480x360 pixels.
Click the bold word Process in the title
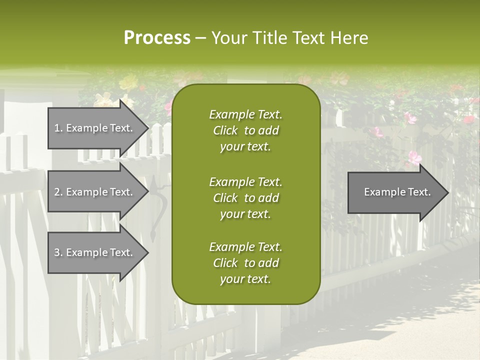click(x=157, y=38)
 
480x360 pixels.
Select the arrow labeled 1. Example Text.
click(x=95, y=128)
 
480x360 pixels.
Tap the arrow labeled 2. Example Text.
click(x=95, y=192)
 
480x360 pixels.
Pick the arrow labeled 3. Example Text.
click(x=95, y=252)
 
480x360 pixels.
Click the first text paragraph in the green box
click(x=245, y=130)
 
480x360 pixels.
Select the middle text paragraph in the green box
click(x=245, y=198)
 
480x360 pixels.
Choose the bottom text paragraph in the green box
click(x=245, y=263)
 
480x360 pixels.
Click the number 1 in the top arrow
click(x=57, y=128)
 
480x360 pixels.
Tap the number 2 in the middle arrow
click(x=57, y=192)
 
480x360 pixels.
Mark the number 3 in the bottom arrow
click(x=57, y=252)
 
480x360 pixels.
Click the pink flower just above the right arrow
click(x=414, y=158)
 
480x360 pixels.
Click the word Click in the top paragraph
click(x=225, y=130)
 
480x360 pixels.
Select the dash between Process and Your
click(x=200, y=38)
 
